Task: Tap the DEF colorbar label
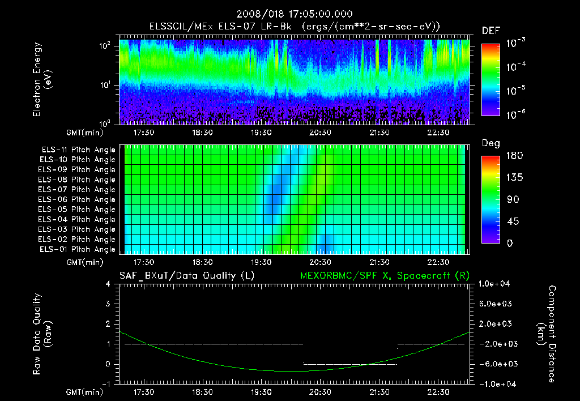pos(491,31)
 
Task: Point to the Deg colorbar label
pos(491,143)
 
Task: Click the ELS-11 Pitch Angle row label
pos(78,150)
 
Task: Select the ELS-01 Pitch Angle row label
pos(78,249)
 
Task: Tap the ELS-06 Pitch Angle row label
pos(78,200)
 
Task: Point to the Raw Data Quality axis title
pos(42,334)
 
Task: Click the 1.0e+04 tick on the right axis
pos(496,284)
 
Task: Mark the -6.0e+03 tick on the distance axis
pos(496,364)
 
